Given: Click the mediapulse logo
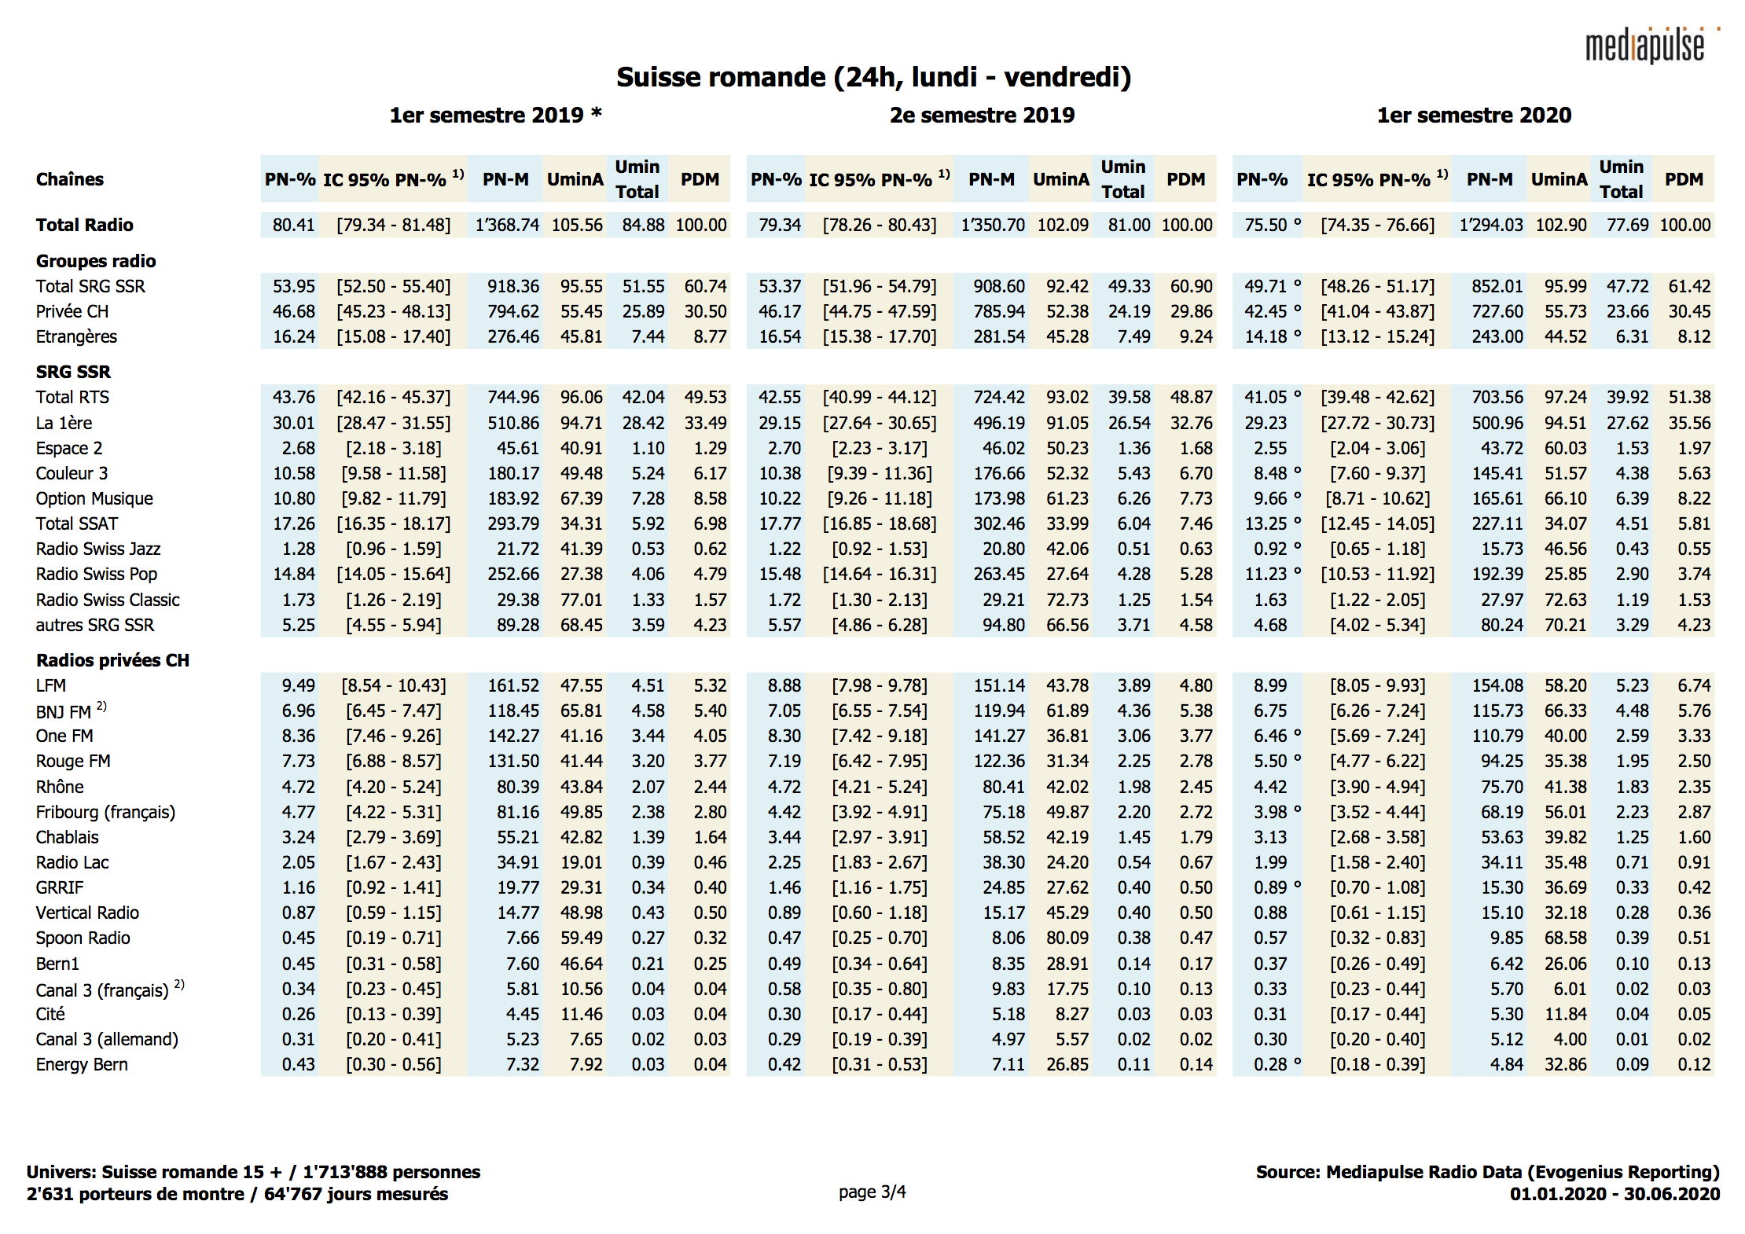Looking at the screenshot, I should [1647, 46].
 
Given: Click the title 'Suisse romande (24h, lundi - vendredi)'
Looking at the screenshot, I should [872, 77].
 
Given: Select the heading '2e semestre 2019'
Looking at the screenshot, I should [982, 116].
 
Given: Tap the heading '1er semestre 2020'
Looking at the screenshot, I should [1474, 116].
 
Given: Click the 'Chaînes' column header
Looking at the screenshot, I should [70, 179].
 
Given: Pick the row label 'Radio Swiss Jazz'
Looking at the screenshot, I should [98, 549].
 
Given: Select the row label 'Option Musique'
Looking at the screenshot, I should [94, 498].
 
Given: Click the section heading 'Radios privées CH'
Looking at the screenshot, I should [112, 660].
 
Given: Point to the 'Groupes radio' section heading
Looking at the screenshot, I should [96, 261].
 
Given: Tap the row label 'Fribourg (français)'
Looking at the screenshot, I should [105, 812].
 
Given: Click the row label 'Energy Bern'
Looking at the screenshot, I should [82, 1064].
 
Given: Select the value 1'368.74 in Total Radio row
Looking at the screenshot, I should [507, 225].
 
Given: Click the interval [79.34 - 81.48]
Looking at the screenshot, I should [394, 225].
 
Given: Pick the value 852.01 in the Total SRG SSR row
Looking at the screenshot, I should [1497, 286].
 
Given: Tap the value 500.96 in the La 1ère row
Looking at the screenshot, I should [1497, 423].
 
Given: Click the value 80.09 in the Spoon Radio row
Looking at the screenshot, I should [1067, 938].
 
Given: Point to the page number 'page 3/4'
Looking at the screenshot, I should [872, 1192].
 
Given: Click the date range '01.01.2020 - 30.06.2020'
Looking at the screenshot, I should [1615, 1194].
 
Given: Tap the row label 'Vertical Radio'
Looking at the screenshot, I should [87, 913].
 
